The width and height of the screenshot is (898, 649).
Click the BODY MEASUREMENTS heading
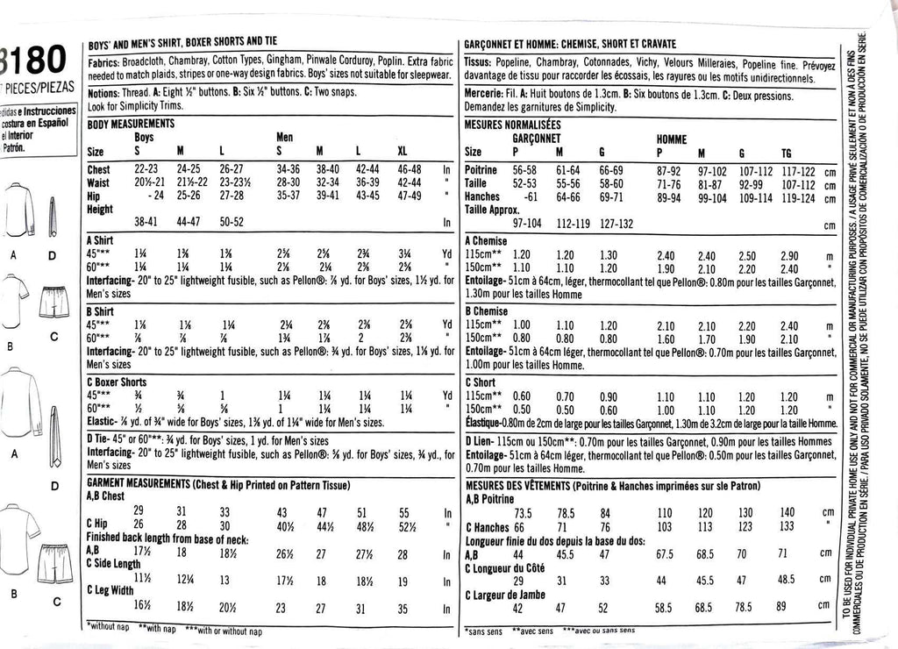(x=131, y=125)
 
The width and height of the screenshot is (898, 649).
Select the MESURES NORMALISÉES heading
(x=511, y=125)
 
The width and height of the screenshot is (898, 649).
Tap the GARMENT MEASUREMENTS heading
(x=139, y=484)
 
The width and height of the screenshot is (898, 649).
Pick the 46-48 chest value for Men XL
(x=404, y=169)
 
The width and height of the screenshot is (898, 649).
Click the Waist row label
(x=98, y=182)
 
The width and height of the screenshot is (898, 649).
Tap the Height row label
(x=102, y=209)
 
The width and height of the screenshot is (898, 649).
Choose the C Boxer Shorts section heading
(x=117, y=382)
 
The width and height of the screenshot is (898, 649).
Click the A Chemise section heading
(x=487, y=240)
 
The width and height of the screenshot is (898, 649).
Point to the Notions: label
(x=104, y=91)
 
